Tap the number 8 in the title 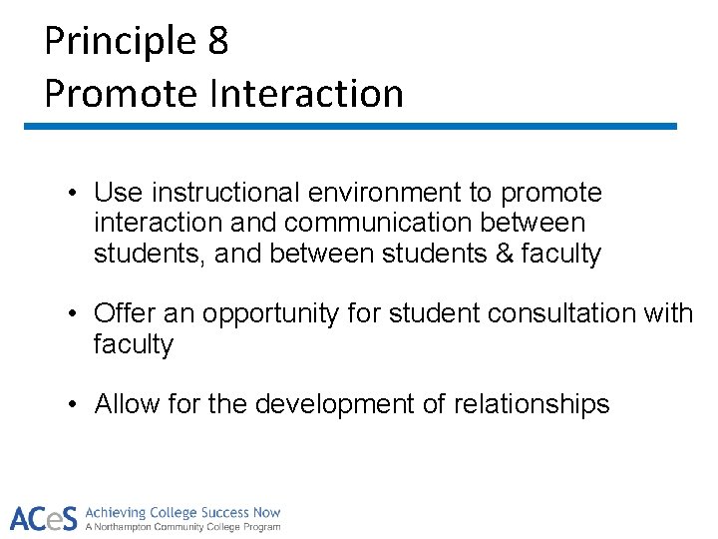pyautogui.click(x=218, y=42)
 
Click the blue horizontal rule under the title pyautogui.click(x=350, y=127)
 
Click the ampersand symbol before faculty pyautogui.click(x=505, y=255)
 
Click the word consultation pyautogui.click(x=547, y=313)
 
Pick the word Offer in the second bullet pyautogui.click(x=121, y=313)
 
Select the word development pyautogui.click(x=340, y=404)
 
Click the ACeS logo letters pyautogui.click(x=43, y=519)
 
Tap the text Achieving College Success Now pyautogui.click(x=182, y=512)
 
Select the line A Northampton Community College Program pyautogui.click(x=182, y=527)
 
